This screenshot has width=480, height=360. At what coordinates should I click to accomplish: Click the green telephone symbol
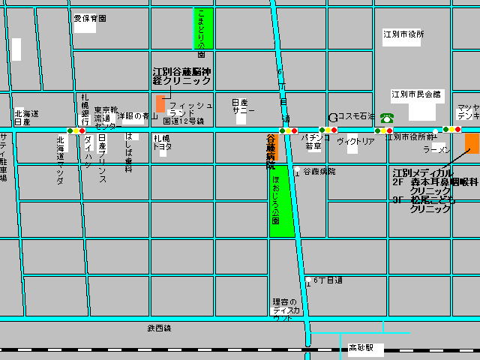pyautogui.click(x=387, y=117)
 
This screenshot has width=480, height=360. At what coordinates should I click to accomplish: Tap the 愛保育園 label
pyautogui.click(x=90, y=18)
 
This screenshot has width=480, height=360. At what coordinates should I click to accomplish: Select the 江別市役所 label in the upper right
pyautogui.click(x=403, y=34)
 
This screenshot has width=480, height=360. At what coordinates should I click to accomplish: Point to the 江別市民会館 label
pyautogui.click(x=416, y=94)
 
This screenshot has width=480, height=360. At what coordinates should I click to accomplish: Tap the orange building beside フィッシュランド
pyautogui.click(x=160, y=103)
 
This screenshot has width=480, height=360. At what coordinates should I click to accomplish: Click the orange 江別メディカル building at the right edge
pyautogui.click(x=472, y=142)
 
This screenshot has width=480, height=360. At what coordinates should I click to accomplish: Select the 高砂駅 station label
pyautogui.click(x=366, y=349)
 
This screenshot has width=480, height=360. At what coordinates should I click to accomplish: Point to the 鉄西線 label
pyautogui.click(x=159, y=328)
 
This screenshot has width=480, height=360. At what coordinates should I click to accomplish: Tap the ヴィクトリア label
pyautogui.click(x=355, y=141)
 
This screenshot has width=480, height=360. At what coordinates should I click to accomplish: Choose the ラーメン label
pyautogui.click(x=436, y=150)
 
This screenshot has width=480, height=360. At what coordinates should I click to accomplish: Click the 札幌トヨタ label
pyautogui.click(x=163, y=142)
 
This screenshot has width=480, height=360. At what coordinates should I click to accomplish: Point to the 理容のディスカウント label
pyautogui.click(x=286, y=309)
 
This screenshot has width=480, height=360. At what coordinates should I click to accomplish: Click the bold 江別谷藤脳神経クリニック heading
pyautogui.click(x=181, y=76)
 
